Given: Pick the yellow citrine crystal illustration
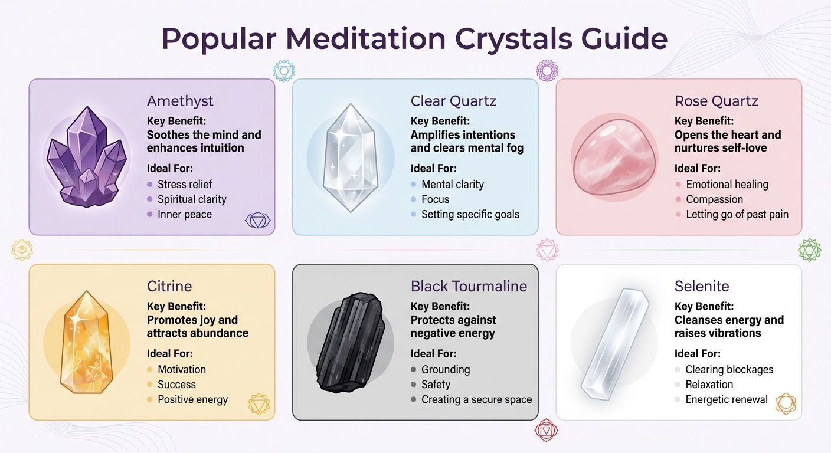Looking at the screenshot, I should (87, 342).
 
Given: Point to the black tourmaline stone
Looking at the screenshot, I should (350, 342).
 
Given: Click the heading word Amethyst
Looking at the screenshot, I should (180, 101).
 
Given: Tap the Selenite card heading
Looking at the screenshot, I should (702, 287).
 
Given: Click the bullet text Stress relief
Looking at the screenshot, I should (184, 185).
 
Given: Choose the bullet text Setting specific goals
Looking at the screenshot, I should (470, 214).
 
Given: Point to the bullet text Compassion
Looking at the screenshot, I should (714, 199).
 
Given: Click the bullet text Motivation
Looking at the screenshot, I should (181, 370).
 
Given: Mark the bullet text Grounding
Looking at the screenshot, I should (445, 370).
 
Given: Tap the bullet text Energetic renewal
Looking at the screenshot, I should (726, 399).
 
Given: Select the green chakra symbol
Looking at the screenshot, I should (809, 250).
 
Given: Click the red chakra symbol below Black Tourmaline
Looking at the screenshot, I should (545, 431).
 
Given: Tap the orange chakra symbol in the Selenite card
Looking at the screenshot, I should (786, 403).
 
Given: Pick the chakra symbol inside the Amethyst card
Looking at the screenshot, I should (257, 221).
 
